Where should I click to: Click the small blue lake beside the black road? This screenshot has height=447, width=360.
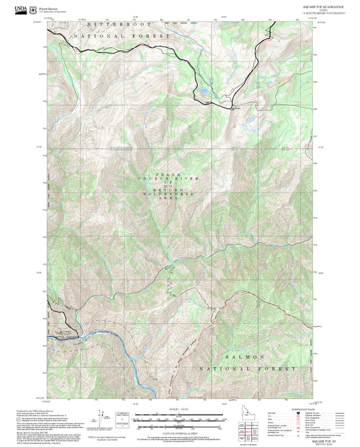tap(201, 90)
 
